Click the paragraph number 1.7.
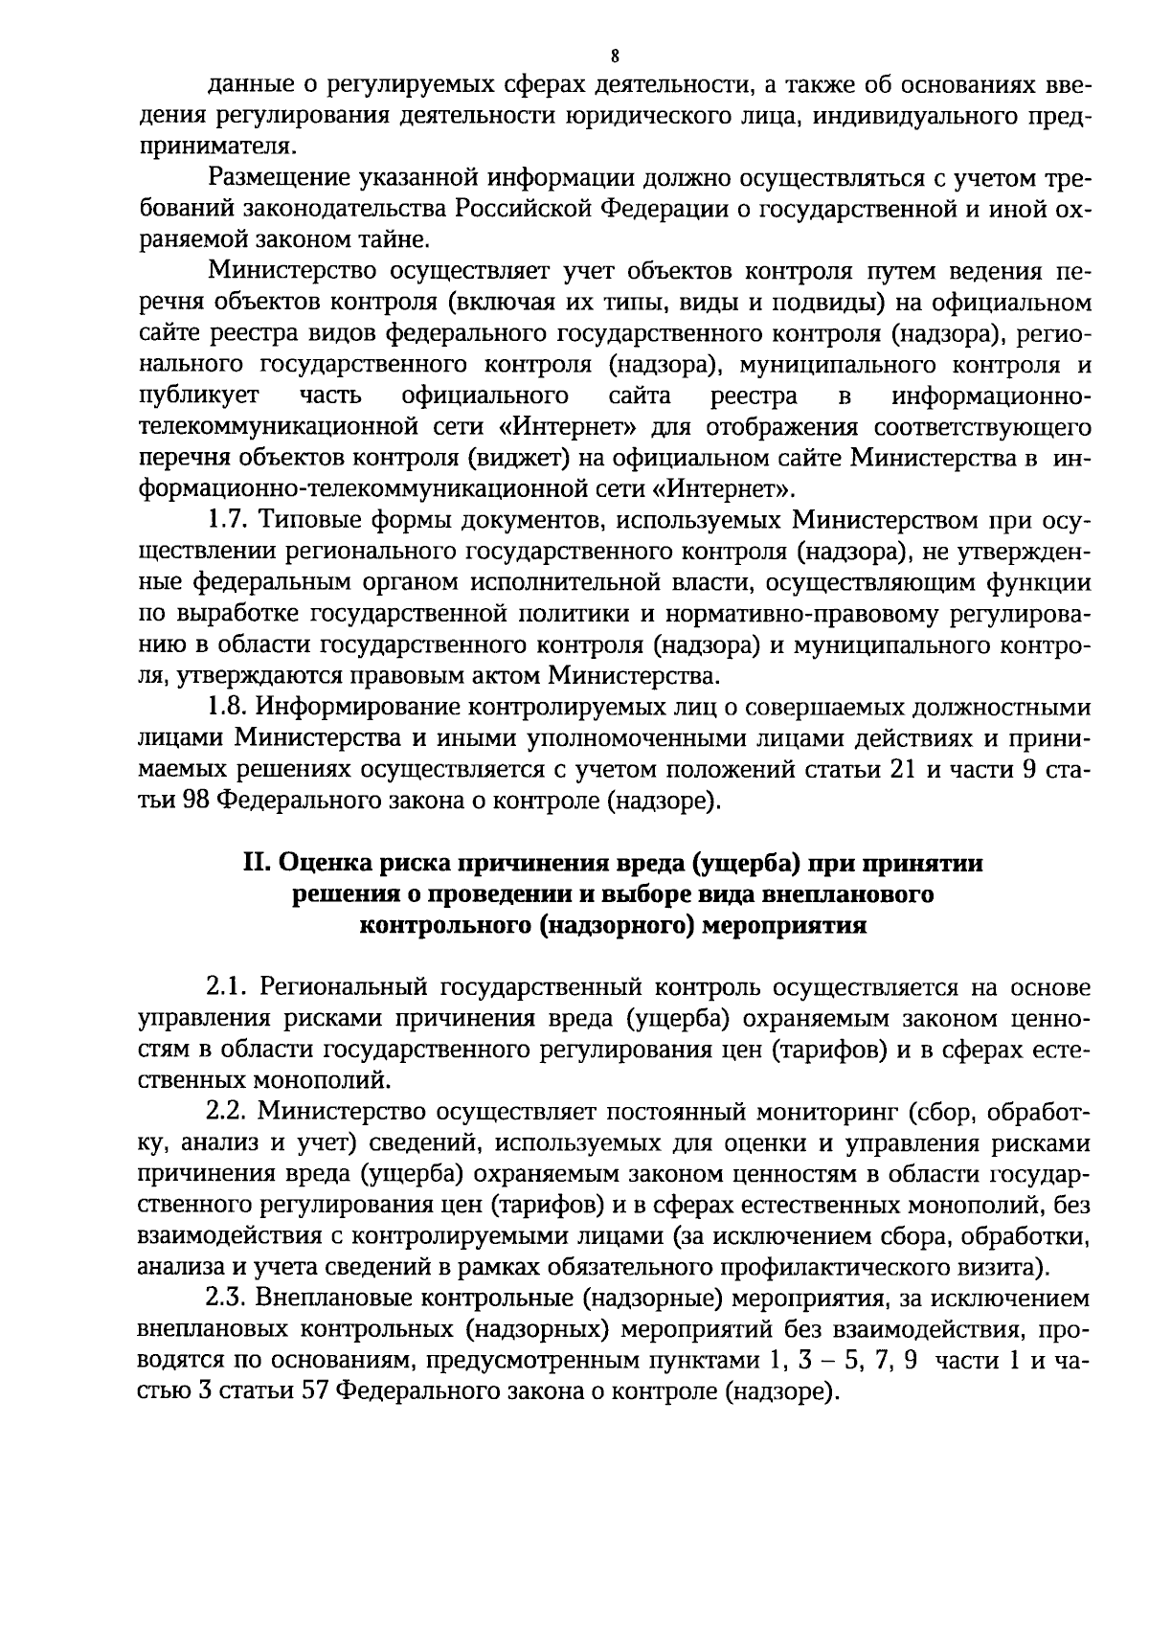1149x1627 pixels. tap(229, 522)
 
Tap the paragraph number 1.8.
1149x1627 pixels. tap(229, 708)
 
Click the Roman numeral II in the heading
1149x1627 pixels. tap(257, 863)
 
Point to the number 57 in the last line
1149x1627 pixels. tap(316, 1391)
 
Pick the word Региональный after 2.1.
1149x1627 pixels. tap(339, 987)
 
